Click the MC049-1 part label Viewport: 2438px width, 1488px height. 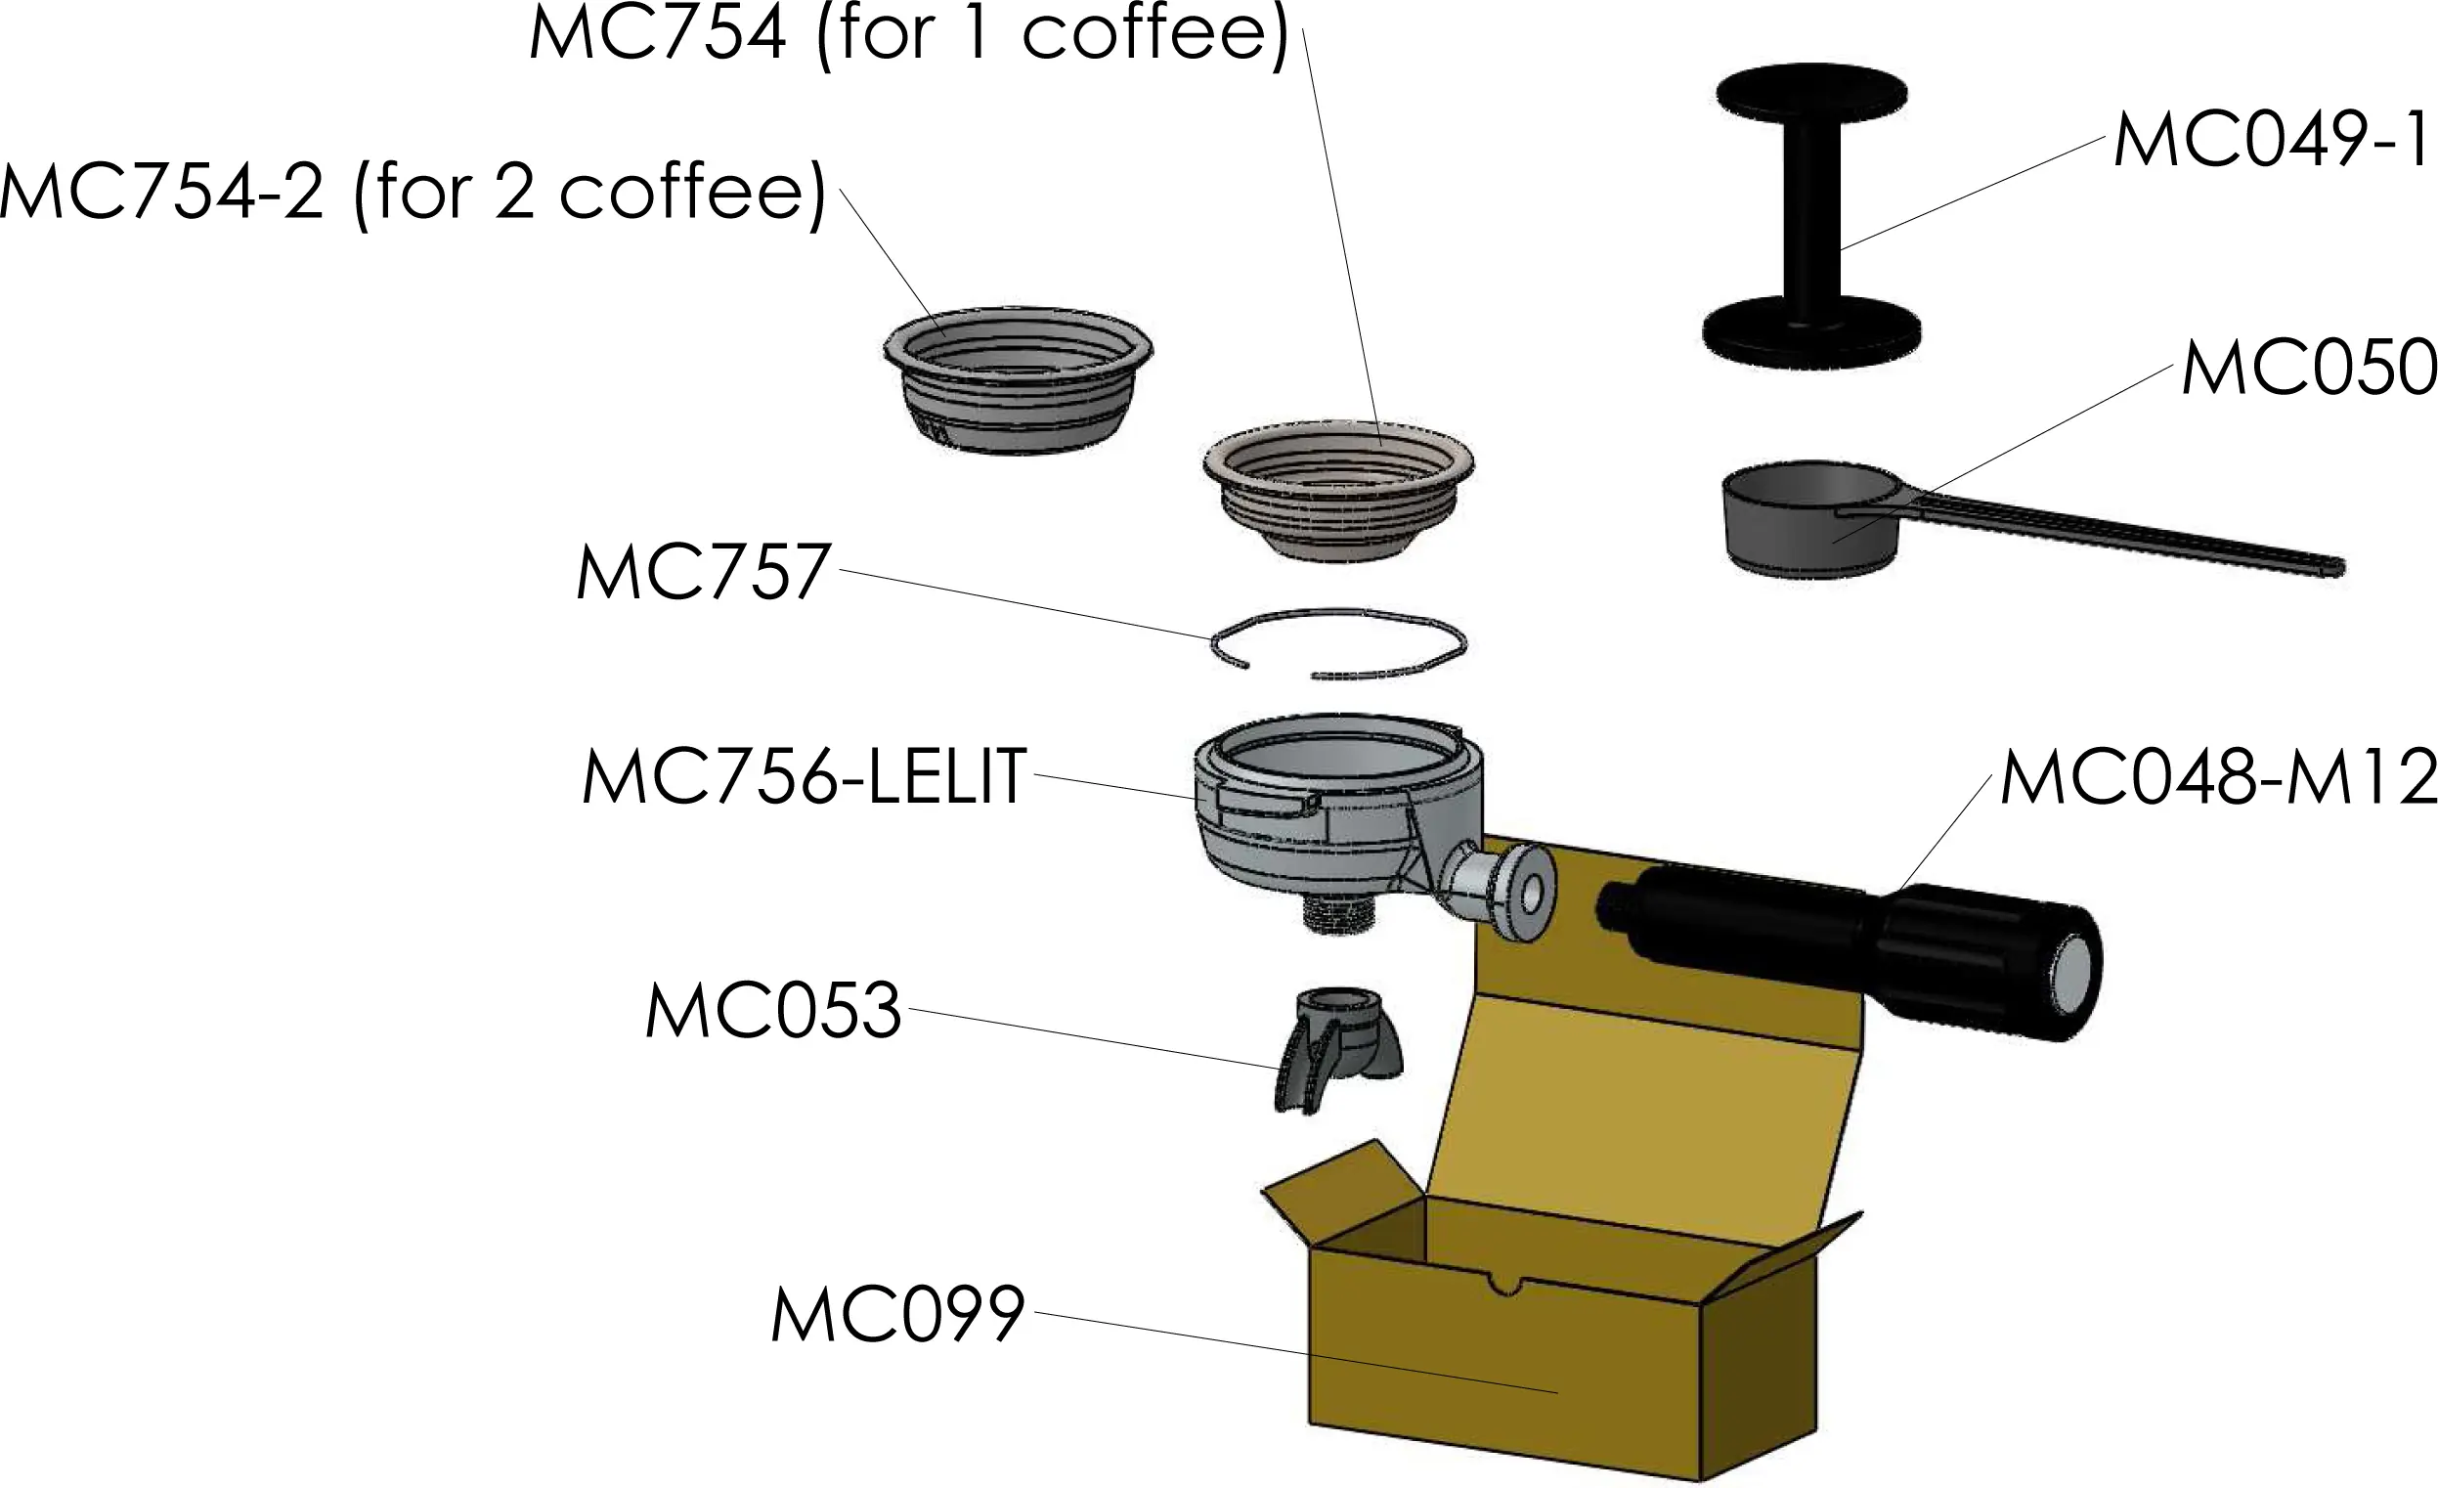tap(2271, 142)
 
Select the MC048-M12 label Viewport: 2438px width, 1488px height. tap(2216, 778)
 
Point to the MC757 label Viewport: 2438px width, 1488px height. tap(703, 573)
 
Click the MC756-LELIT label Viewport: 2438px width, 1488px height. tap(805, 778)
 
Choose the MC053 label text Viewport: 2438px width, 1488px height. tap(774, 1012)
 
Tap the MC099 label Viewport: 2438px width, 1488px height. tap(896, 1316)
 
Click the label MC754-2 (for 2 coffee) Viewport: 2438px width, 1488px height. tap(413, 192)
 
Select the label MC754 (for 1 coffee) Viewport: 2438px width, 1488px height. tap(909, 33)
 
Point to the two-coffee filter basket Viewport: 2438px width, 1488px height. tap(1018, 381)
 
